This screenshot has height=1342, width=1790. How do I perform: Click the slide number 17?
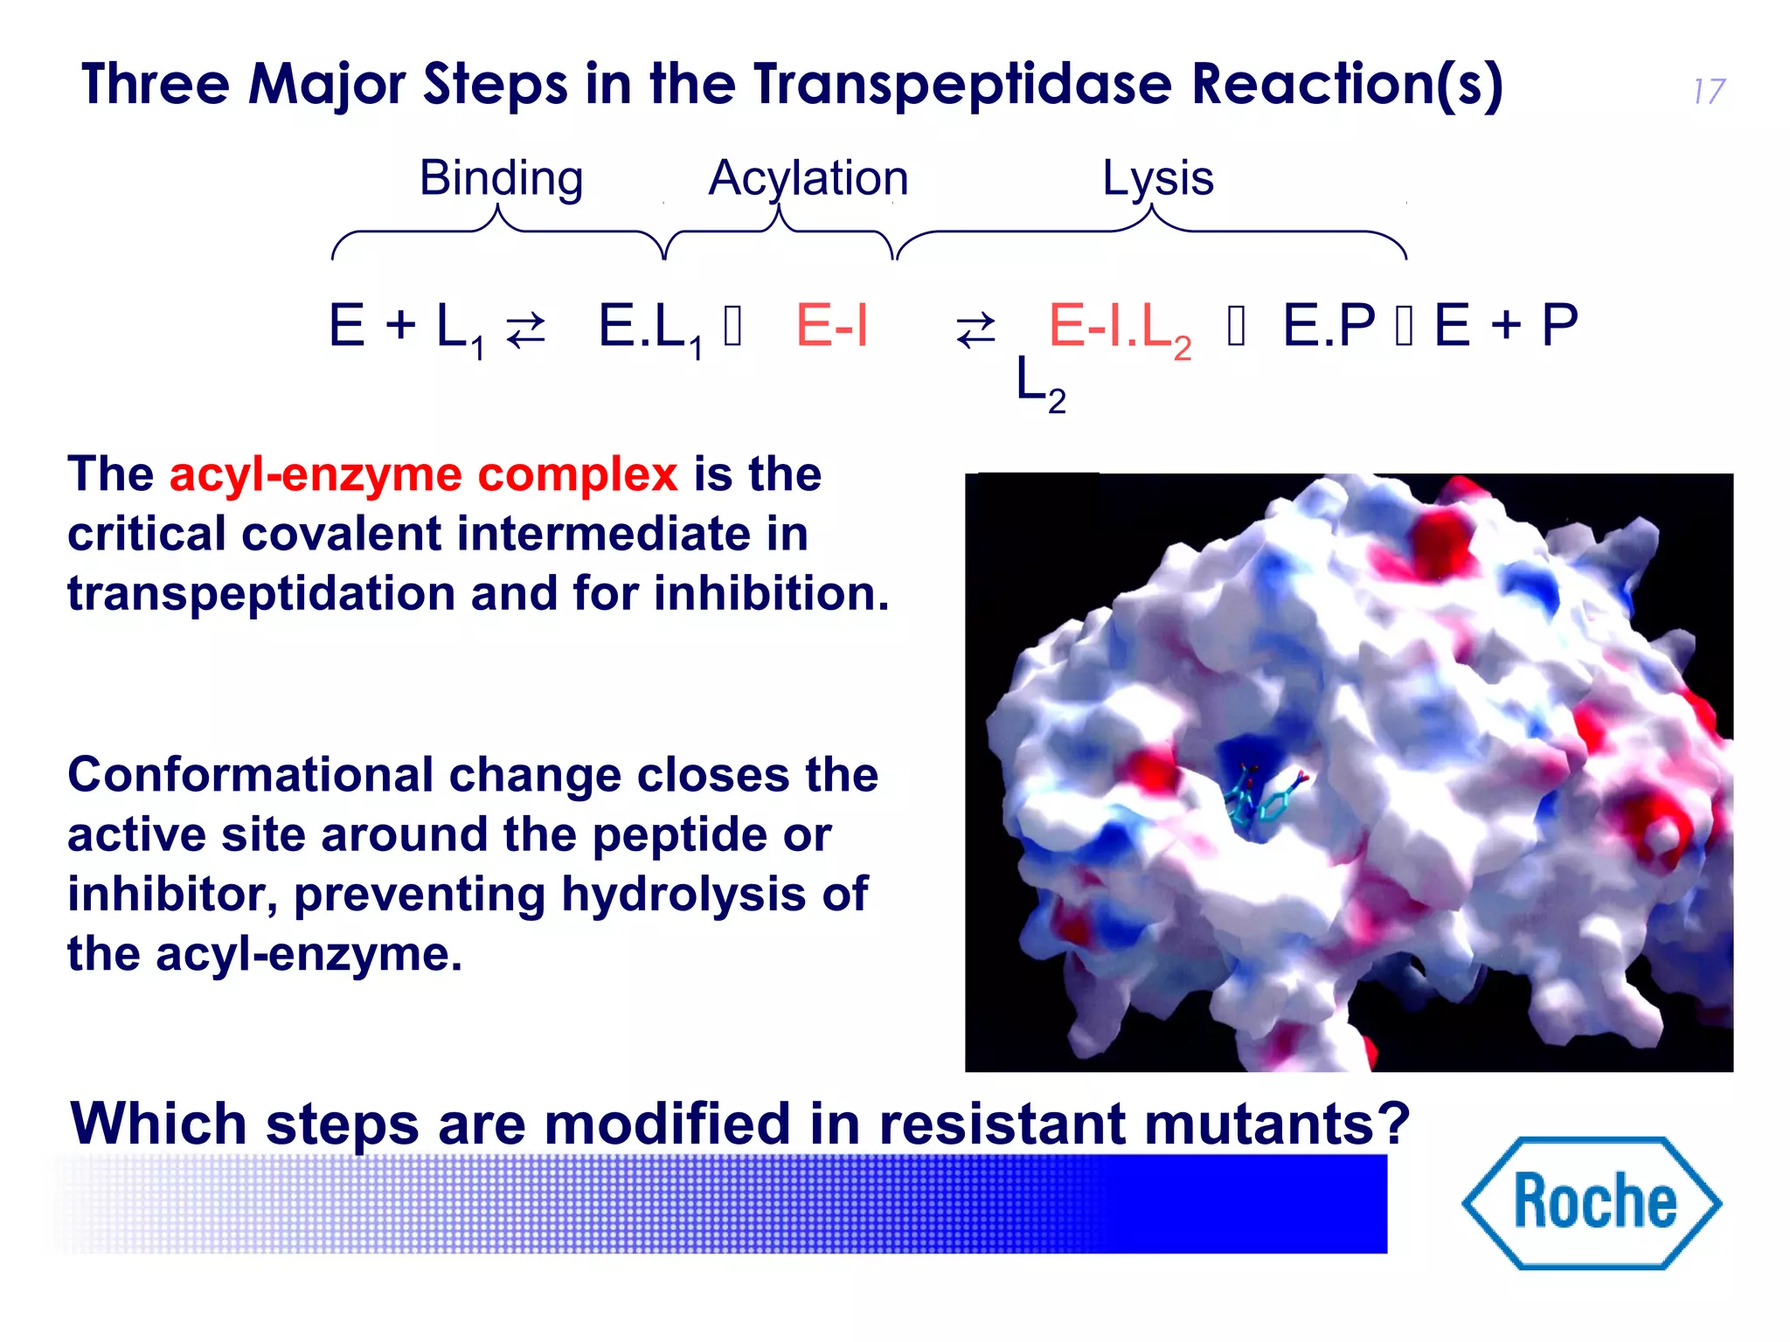[1709, 92]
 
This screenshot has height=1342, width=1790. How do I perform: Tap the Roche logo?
[1592, 1202]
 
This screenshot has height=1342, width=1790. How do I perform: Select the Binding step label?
[501, 178]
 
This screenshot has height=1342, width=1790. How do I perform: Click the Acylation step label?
[808, 178]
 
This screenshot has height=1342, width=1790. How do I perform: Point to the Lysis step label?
[1157, 178]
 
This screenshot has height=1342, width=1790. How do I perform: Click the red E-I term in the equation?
[831, 325]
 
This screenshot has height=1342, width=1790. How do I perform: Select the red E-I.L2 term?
[1120, 329]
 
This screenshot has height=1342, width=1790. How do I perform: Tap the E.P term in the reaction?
[1329, 325]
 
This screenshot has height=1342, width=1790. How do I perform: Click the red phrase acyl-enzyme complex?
[423, 475]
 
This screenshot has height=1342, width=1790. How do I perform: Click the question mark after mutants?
[1395, 1124]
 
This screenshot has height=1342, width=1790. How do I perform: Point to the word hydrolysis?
[683, 895]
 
